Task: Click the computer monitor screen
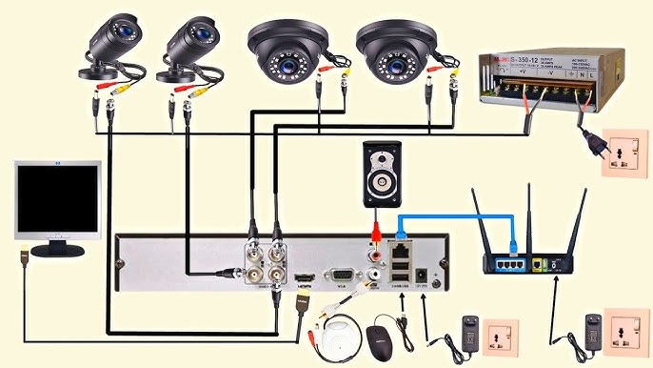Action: coord(57,201)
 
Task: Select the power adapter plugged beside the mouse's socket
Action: coord(469,331)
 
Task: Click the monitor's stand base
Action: coord(57,251)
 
